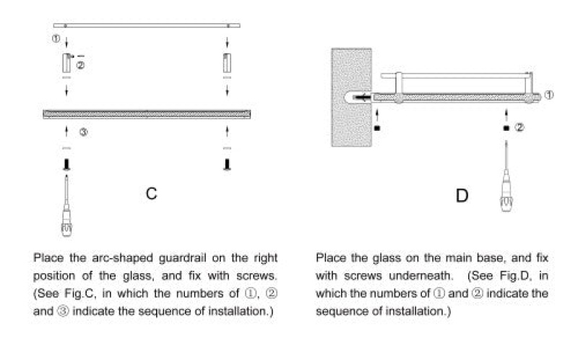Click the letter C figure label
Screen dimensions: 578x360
[151, 193]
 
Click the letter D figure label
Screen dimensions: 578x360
[462, 195]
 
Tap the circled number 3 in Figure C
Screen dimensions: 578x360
[84, 132]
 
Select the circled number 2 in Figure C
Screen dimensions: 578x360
[80, 65]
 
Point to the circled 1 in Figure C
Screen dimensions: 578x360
[56, 38]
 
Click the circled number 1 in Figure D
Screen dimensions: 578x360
[549, 95]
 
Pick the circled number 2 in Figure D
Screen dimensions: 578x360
[519, 128]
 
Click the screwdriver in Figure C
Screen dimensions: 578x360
[66, 206]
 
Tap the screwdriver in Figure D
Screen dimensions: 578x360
[506, 176]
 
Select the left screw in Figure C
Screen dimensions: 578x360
[66, 165]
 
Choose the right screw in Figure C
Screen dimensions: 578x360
[227, 165]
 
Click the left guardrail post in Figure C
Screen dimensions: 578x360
[66, 63]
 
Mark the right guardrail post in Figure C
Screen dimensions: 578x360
[227, 63]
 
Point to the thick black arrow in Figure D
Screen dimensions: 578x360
[363, 98]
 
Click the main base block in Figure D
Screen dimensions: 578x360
[351, 98]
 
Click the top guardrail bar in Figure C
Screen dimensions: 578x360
[147, 25]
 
